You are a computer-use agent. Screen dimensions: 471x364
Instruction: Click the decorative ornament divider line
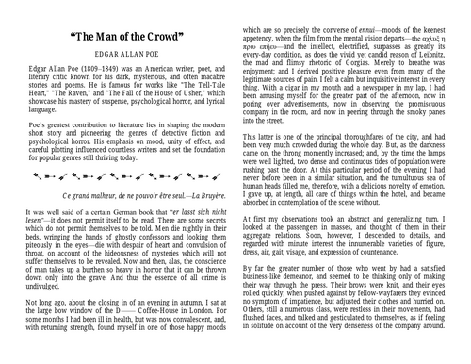(118, 201)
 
